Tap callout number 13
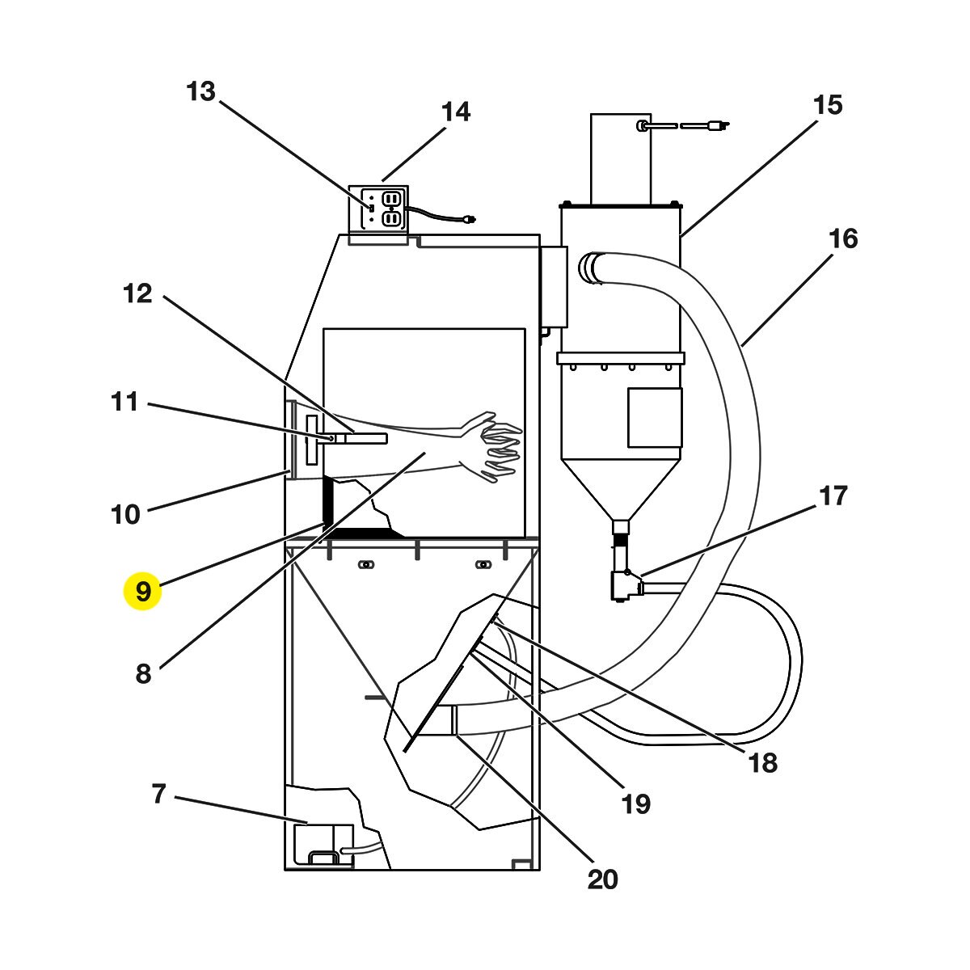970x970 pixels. (200, 91)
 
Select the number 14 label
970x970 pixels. (456, 112)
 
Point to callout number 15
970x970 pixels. (828, 105)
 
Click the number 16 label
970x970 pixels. (843, 238)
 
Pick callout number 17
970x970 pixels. (833, 496)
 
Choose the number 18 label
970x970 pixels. (763, 763)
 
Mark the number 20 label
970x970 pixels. (602, 880)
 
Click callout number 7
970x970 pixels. (158, 794)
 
